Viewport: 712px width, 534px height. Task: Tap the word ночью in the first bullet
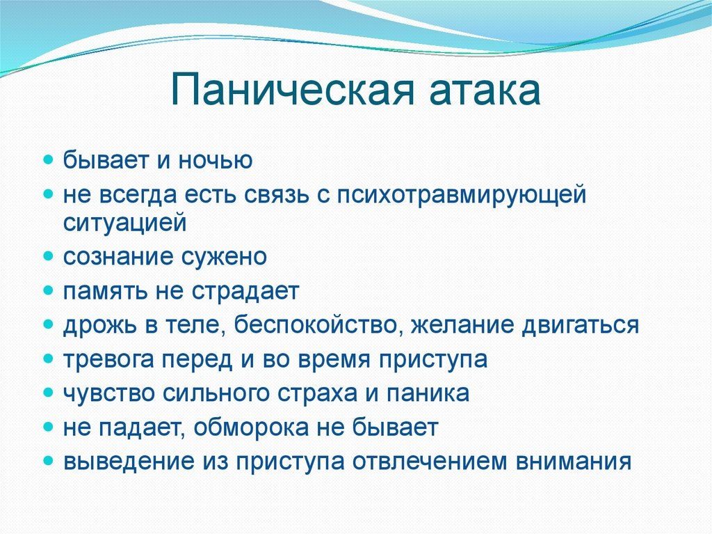coord(218,161)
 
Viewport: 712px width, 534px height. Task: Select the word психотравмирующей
coord(462,196)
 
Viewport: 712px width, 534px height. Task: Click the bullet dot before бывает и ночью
coord(49,161)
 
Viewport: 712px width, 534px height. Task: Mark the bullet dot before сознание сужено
coord(49,257)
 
